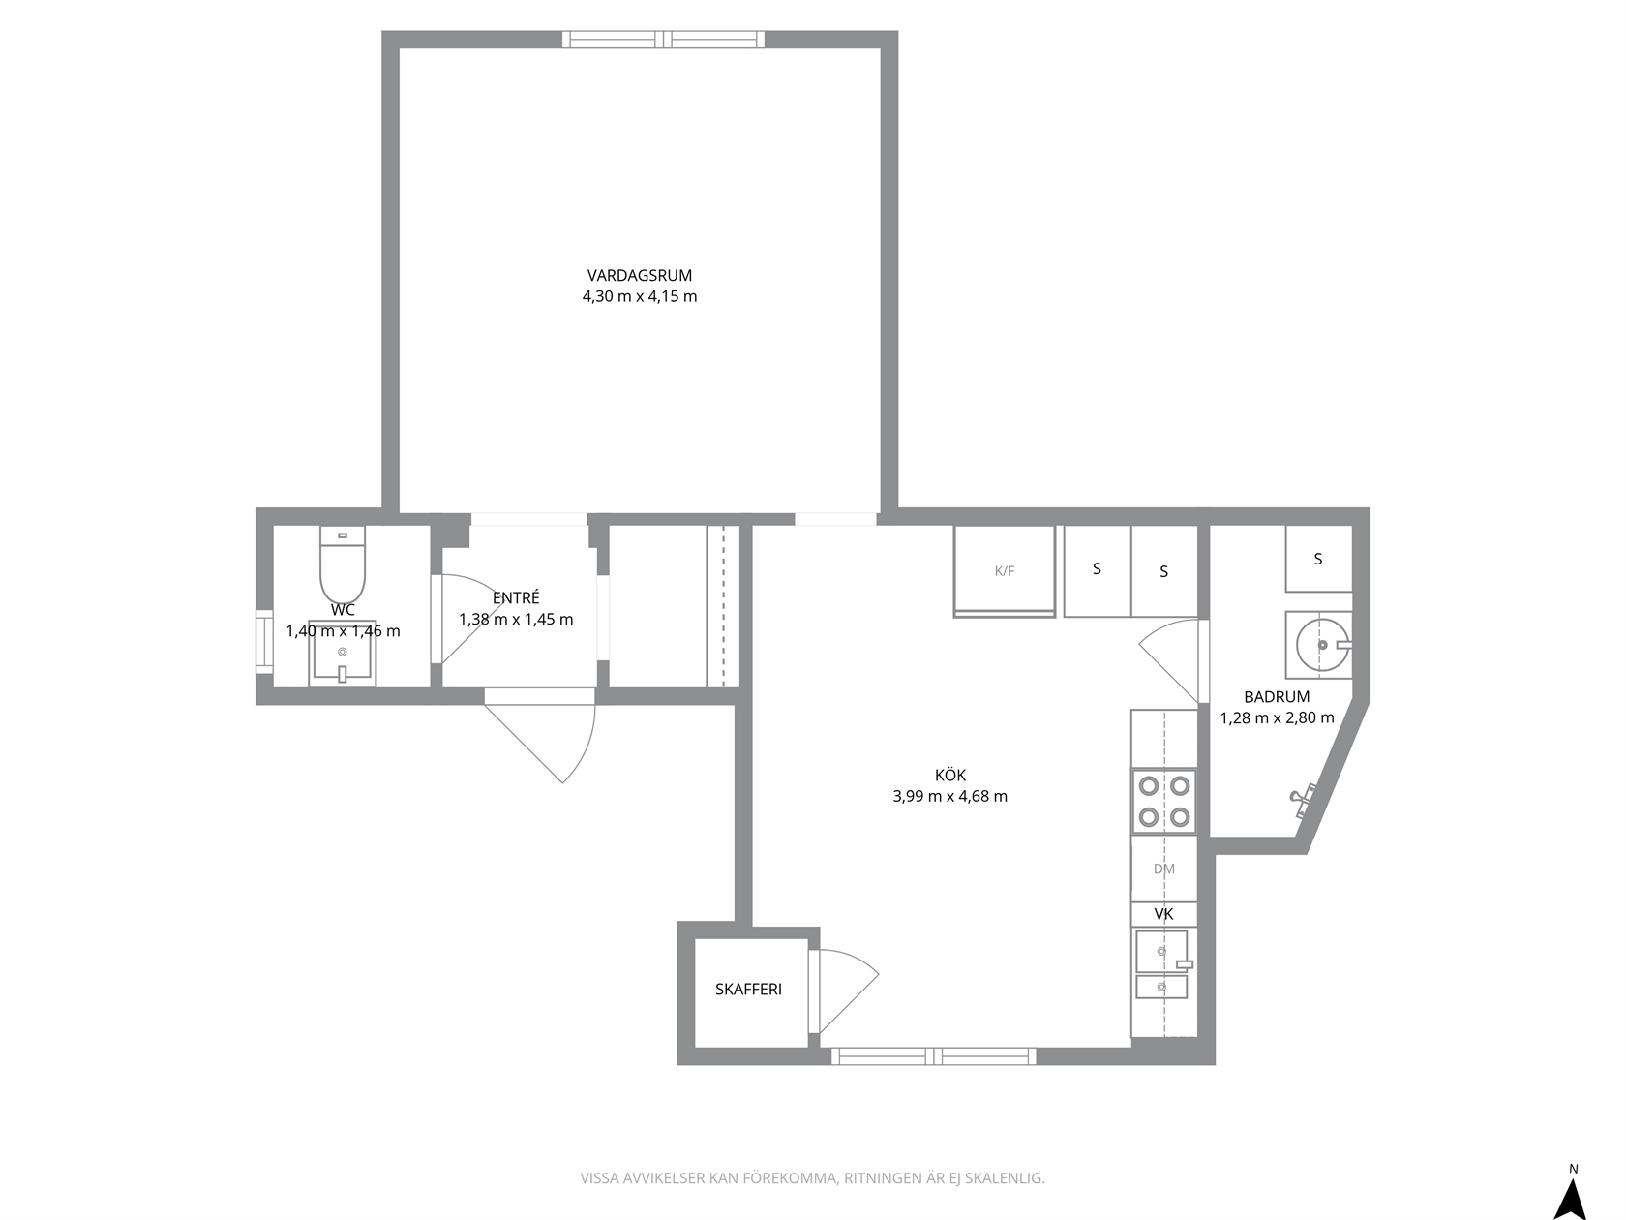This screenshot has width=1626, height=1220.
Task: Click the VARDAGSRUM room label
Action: pos(640,276)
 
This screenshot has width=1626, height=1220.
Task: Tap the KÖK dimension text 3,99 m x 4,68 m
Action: pos(949,796)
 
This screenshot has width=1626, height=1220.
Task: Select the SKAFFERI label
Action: pos(748,989)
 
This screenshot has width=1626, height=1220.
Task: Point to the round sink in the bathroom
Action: pos(1322,645)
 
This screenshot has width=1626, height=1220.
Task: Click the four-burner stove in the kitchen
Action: pos(1163,801)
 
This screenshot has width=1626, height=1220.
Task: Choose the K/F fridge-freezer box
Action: pos(1005,571)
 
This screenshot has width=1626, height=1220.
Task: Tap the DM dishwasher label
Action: pos(1163,869)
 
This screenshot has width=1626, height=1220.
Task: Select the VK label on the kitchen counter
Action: pos(1163,914)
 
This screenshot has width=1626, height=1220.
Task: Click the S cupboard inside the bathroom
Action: pos(1318,560)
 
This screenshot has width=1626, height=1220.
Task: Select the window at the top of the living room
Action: pos(663,40)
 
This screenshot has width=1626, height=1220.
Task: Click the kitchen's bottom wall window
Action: pos(933,1056)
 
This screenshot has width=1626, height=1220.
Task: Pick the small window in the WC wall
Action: pos(264,642)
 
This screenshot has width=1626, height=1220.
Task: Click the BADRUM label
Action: pos(1277,697)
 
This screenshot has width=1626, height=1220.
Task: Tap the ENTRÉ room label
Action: pos(516,597)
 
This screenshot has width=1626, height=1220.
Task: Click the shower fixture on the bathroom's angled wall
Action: pos(1304,800)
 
